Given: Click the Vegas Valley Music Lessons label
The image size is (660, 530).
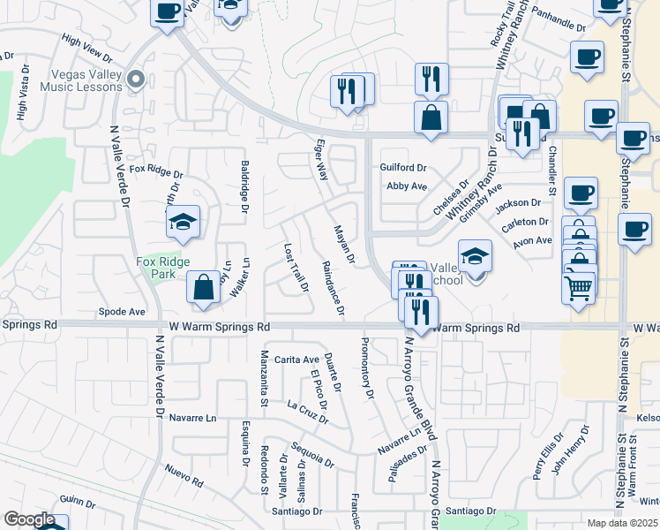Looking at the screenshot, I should (73, 80).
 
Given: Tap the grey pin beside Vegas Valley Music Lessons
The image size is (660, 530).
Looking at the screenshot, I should (135, 80).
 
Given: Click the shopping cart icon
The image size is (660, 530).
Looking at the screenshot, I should (578, 285).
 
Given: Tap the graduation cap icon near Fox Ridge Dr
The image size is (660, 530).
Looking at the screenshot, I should (183, 222).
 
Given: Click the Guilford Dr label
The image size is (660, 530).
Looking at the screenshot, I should (403, 167).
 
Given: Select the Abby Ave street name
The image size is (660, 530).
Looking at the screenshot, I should (407, 186).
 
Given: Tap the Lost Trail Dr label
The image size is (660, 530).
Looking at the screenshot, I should (295, 268).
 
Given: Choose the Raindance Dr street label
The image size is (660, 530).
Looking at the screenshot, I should (332, 290).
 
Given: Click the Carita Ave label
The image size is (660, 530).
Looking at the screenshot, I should (296, 360).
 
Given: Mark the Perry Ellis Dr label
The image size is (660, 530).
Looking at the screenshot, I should (548, 456).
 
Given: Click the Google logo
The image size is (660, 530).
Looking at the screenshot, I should (28, 519).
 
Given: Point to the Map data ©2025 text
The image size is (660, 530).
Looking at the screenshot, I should (621, 523).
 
